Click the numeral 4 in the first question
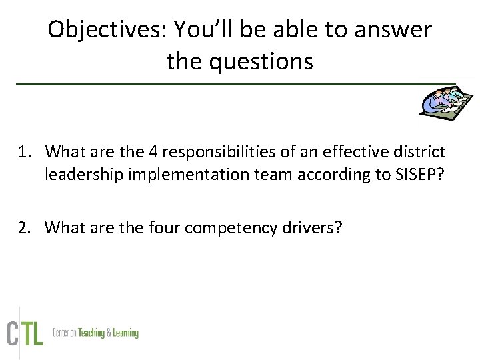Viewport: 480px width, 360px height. point(153,152)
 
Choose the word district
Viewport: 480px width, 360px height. point(422,152)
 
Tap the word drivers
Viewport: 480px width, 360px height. point(317,228)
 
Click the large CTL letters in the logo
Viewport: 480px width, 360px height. point(25,333)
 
